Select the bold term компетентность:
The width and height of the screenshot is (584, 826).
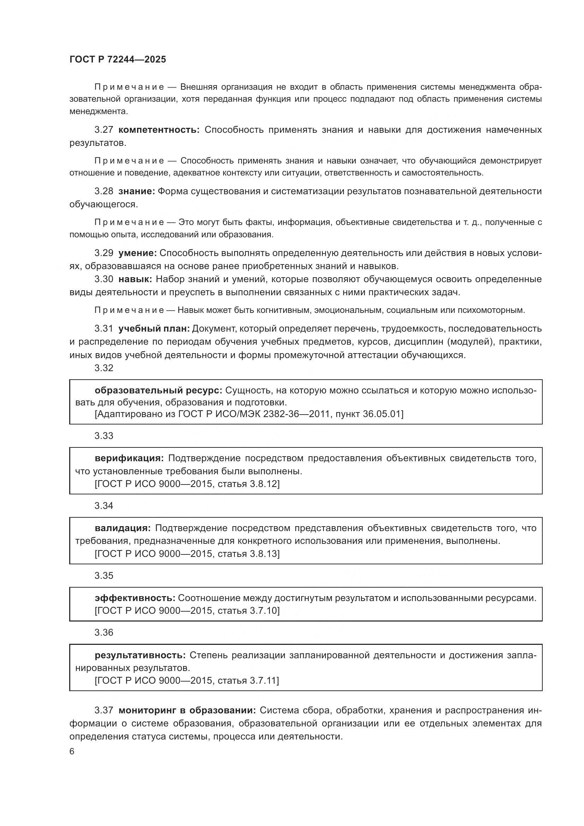click(159, 130)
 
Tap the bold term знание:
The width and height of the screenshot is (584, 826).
click(137, 191)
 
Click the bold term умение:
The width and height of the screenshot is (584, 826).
click(137, 253)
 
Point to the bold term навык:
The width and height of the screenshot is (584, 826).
click(135, 279)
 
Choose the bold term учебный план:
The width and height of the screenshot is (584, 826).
click(154, 328)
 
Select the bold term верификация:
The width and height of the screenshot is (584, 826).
click(129, 458)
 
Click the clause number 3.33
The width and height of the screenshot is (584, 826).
click(104, 436)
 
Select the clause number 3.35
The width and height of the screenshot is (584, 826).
click(104, 576)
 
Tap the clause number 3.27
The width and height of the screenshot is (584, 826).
click(104, 130)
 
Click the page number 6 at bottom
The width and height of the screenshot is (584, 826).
click(72, 751)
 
